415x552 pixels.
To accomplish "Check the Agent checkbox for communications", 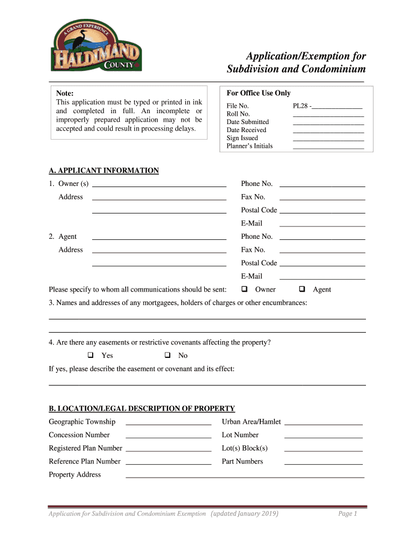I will coord(302,289).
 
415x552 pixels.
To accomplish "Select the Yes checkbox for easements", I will coord(91,355).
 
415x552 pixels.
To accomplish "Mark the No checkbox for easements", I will coord(167,355).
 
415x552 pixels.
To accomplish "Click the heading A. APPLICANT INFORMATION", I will coord(103,171).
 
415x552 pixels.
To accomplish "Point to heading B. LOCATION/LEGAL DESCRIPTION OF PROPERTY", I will coord(142,409).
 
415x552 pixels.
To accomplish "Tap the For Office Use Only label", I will coord(258,93).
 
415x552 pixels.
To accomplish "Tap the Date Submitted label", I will coord(247,122).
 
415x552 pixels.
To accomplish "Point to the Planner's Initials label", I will coord(249,146).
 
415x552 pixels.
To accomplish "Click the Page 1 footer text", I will coord(348,514).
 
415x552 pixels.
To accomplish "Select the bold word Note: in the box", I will coord(65,94).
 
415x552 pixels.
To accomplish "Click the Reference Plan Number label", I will coord(85,461).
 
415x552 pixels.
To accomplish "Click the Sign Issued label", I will coord(242,138).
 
